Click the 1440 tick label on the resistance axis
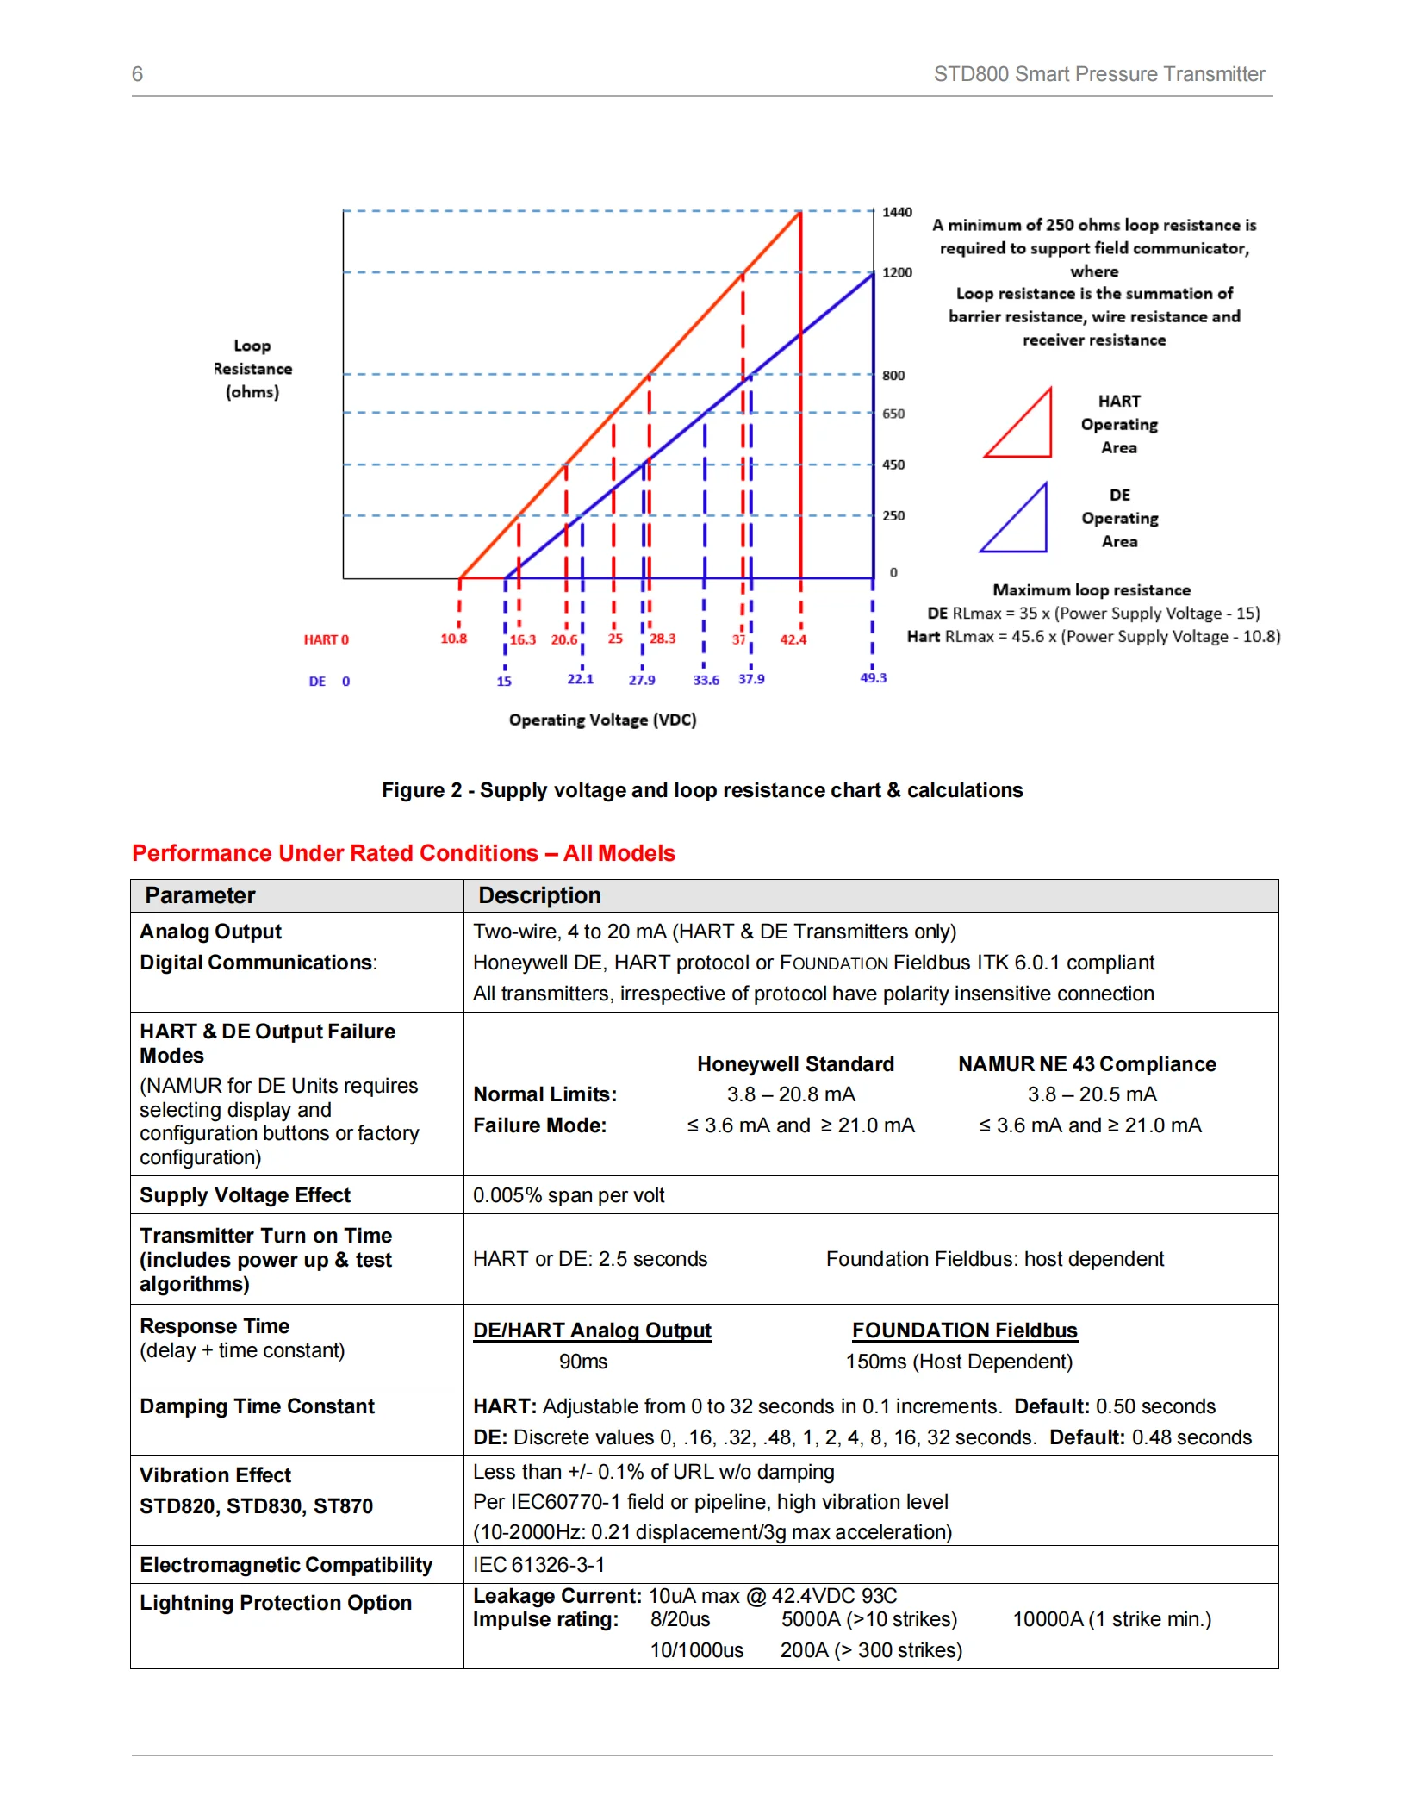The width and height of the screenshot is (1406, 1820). pyautogui.click(x=897, y=212)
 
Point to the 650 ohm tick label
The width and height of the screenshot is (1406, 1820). pyautogui.click(x=893, y=414)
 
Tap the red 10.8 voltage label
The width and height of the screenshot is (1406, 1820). pyautogui.click(x=453, y=639)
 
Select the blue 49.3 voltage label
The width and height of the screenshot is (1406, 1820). pyautogui.click(x=873, y=678)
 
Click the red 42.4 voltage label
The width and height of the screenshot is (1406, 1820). pyautogui.click(x=793, y=639)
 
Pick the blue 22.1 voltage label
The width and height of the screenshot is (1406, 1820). pyautogui.click(x=580, y=679)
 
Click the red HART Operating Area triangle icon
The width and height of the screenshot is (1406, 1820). pyautogui.click(x=1020, y=425)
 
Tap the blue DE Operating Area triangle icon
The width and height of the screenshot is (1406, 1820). pyautogui.click(x=1016, y=519)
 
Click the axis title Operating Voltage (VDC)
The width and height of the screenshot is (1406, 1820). pyautogui.click(x=602, y=720)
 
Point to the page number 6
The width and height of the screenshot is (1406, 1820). pyautogui.click(x=137, y=74)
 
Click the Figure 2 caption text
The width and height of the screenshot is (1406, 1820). pyautogui.click(x=702, y=790)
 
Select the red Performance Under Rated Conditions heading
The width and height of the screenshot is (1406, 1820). pyautogui.click(x=403, y=853)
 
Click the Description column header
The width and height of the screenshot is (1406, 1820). pyautogui.click(x=539, y=895)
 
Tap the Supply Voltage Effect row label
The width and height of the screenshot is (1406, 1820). pyautogui.click(x=245, y=1195)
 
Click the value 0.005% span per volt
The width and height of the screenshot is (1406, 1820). pyautogui.click(x=569, y=1195)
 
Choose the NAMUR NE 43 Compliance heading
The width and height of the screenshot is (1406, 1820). pyautogui.click(x=1086, y=1064)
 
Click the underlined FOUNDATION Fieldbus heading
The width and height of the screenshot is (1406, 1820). pyautogui.click(x=964, y=1331)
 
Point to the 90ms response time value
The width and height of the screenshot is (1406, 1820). pyautogui.click(x=583, y=1362)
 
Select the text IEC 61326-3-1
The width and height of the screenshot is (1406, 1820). pyautogui.click(x=538, y=1565)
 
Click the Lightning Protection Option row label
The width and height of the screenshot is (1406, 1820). pyautogui.click(x=276, y=1603)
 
